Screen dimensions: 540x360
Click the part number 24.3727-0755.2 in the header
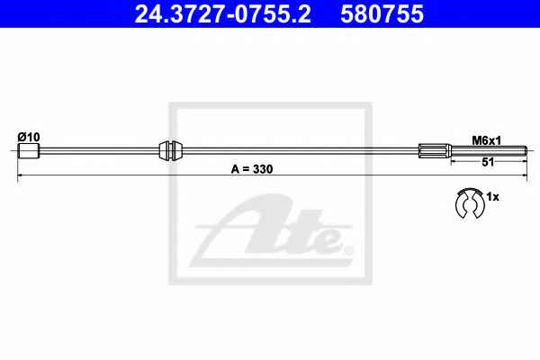[x=222, y=13]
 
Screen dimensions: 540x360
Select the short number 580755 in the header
[x=382, y=13]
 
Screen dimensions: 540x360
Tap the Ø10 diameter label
[x=29, y=137]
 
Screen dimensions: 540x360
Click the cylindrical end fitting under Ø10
[x=29, y=151]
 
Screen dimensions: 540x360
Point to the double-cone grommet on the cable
[x=171, y=150]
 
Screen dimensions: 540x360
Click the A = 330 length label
[x=252, y=169]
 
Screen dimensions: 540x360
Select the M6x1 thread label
[x=487, y=140]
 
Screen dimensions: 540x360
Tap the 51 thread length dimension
[x=488, y=162]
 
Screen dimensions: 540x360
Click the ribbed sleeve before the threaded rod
[x=435, y=150]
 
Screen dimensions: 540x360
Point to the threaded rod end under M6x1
[x=489, y=150]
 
